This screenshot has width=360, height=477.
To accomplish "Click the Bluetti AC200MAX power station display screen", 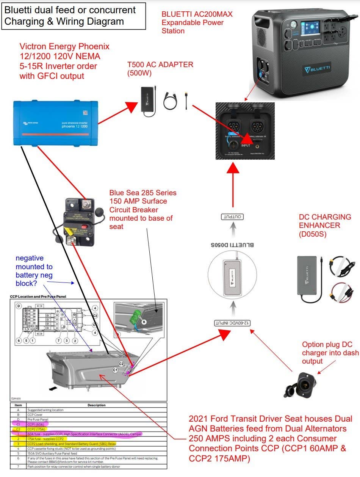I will (309, 29).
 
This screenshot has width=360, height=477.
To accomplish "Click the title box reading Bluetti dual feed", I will (74, 16).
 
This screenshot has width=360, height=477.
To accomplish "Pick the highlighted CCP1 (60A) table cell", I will (37, 424).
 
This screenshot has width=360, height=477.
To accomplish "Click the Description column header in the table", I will (97, 405).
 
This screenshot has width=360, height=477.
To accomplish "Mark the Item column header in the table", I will (17, 405).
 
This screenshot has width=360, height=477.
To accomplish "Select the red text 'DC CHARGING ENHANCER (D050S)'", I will (325, 225).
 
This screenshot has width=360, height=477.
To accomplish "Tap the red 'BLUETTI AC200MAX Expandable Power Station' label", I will (197, 22).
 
